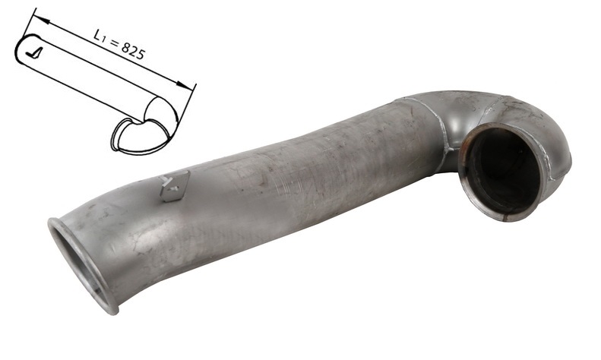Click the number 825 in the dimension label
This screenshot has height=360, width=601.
[134, 51]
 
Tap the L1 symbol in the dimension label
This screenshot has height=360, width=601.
[100, 36]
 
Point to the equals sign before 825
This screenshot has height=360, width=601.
[114, 42]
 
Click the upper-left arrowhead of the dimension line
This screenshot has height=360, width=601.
[41, 20]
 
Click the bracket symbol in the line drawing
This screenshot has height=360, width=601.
[33, 54]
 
